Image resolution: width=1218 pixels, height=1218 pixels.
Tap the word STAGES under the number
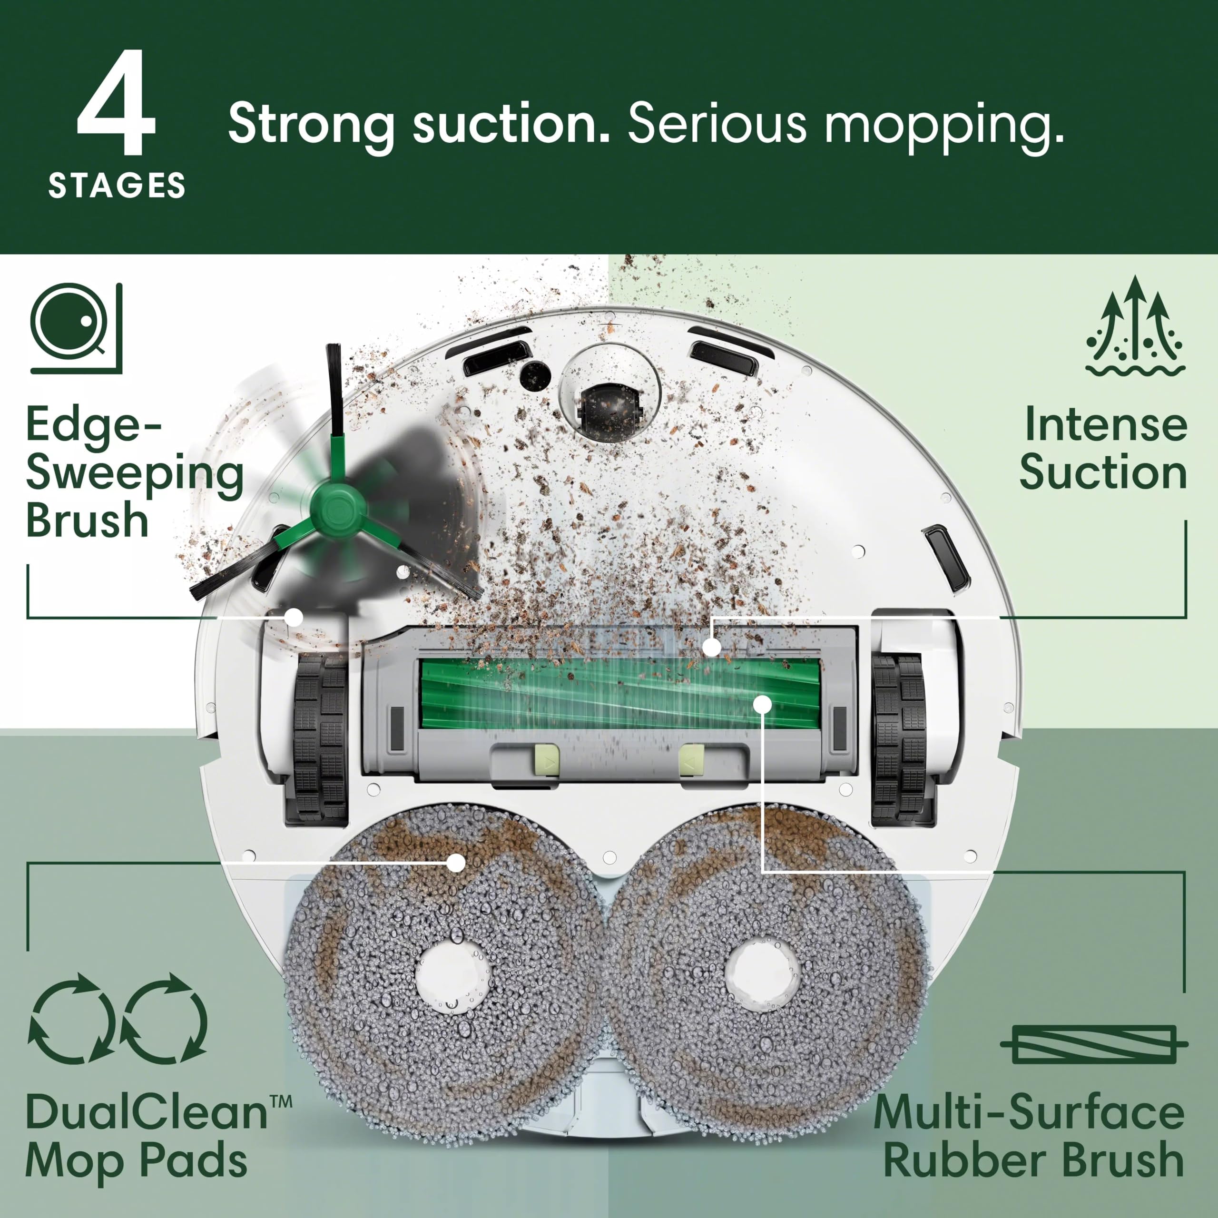click(117, 186)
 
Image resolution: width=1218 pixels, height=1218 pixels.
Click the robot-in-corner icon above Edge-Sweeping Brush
click(76, 328)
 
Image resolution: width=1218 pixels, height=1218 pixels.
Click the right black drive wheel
click(898, 737)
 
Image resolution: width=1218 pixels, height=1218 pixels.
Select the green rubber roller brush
click(621, 694)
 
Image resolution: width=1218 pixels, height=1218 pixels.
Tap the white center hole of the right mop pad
click(762, 972)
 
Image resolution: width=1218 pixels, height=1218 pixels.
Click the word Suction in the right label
click(1103, 473)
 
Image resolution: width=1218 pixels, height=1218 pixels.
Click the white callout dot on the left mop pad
click(455, 863)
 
